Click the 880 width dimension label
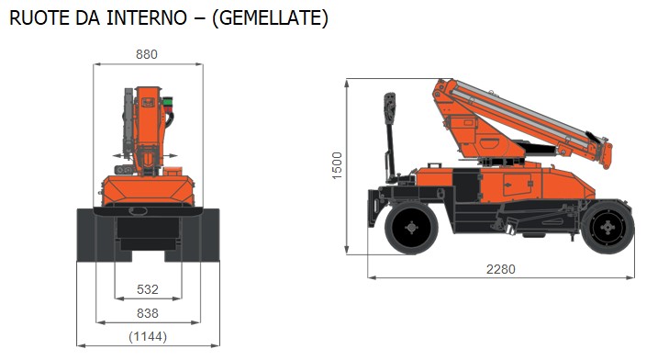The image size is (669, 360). [x=147, y=54]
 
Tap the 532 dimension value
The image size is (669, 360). [x=147, y=290]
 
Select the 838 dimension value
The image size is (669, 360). [x=147, y=314]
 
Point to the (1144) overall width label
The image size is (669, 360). [x=147, y=337]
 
